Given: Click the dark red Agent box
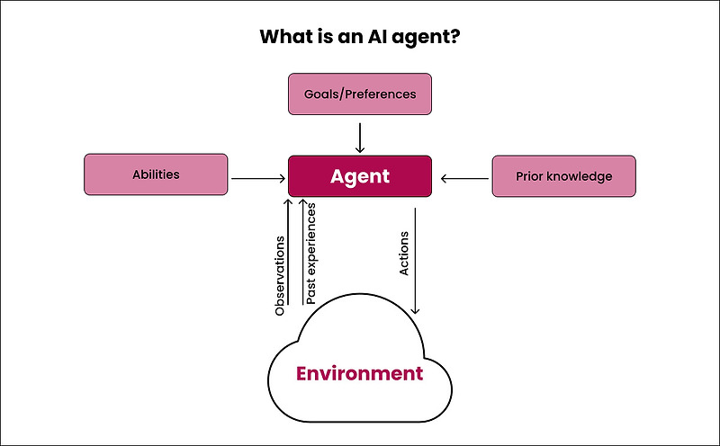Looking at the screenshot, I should [360, 175].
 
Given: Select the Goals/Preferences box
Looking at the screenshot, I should [360, 94].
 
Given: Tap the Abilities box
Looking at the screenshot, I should [156, 175].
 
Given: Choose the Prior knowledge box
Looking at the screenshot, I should [563, 176].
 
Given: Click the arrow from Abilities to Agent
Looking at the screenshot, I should [257, 179].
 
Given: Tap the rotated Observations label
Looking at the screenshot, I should [280, 275].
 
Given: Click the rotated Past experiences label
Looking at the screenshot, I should [310, 254].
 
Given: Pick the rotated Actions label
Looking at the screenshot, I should [404, 254].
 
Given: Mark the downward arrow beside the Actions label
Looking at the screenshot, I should [415, 261].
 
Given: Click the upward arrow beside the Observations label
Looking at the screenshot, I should [289, 252].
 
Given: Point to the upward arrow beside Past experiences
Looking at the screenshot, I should [301, 252].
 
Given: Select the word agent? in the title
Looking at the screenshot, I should [427, 39].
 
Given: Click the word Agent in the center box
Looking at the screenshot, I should [360, 176].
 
